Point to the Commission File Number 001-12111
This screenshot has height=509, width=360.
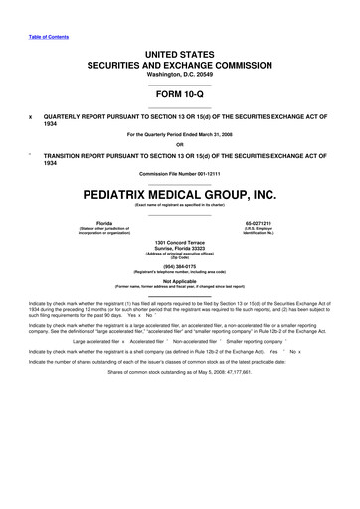pyautogui.click(x=180, y=174)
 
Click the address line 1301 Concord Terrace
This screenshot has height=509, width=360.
pyautogui.click(x=180, y=243)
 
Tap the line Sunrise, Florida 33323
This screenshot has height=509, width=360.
pyautogui.click(x=180, y=250)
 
